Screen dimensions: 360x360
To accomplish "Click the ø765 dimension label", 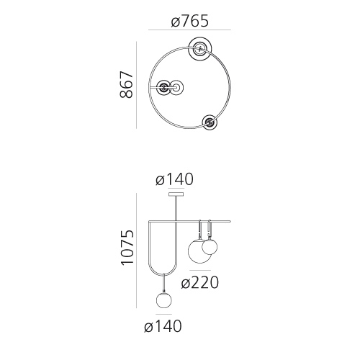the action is point(189,21).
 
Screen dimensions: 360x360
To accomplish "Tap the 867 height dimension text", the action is point(126,84).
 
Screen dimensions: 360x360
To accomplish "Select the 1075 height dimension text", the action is point(127,248).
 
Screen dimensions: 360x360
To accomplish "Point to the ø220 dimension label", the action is point(200,282).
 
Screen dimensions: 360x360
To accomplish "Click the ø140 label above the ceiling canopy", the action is point(174,179).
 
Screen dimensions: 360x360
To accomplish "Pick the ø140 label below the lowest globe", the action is point(163,326).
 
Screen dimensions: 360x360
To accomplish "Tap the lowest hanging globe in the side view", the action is point(164,300).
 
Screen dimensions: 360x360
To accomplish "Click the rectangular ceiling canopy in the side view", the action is point(176,194).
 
